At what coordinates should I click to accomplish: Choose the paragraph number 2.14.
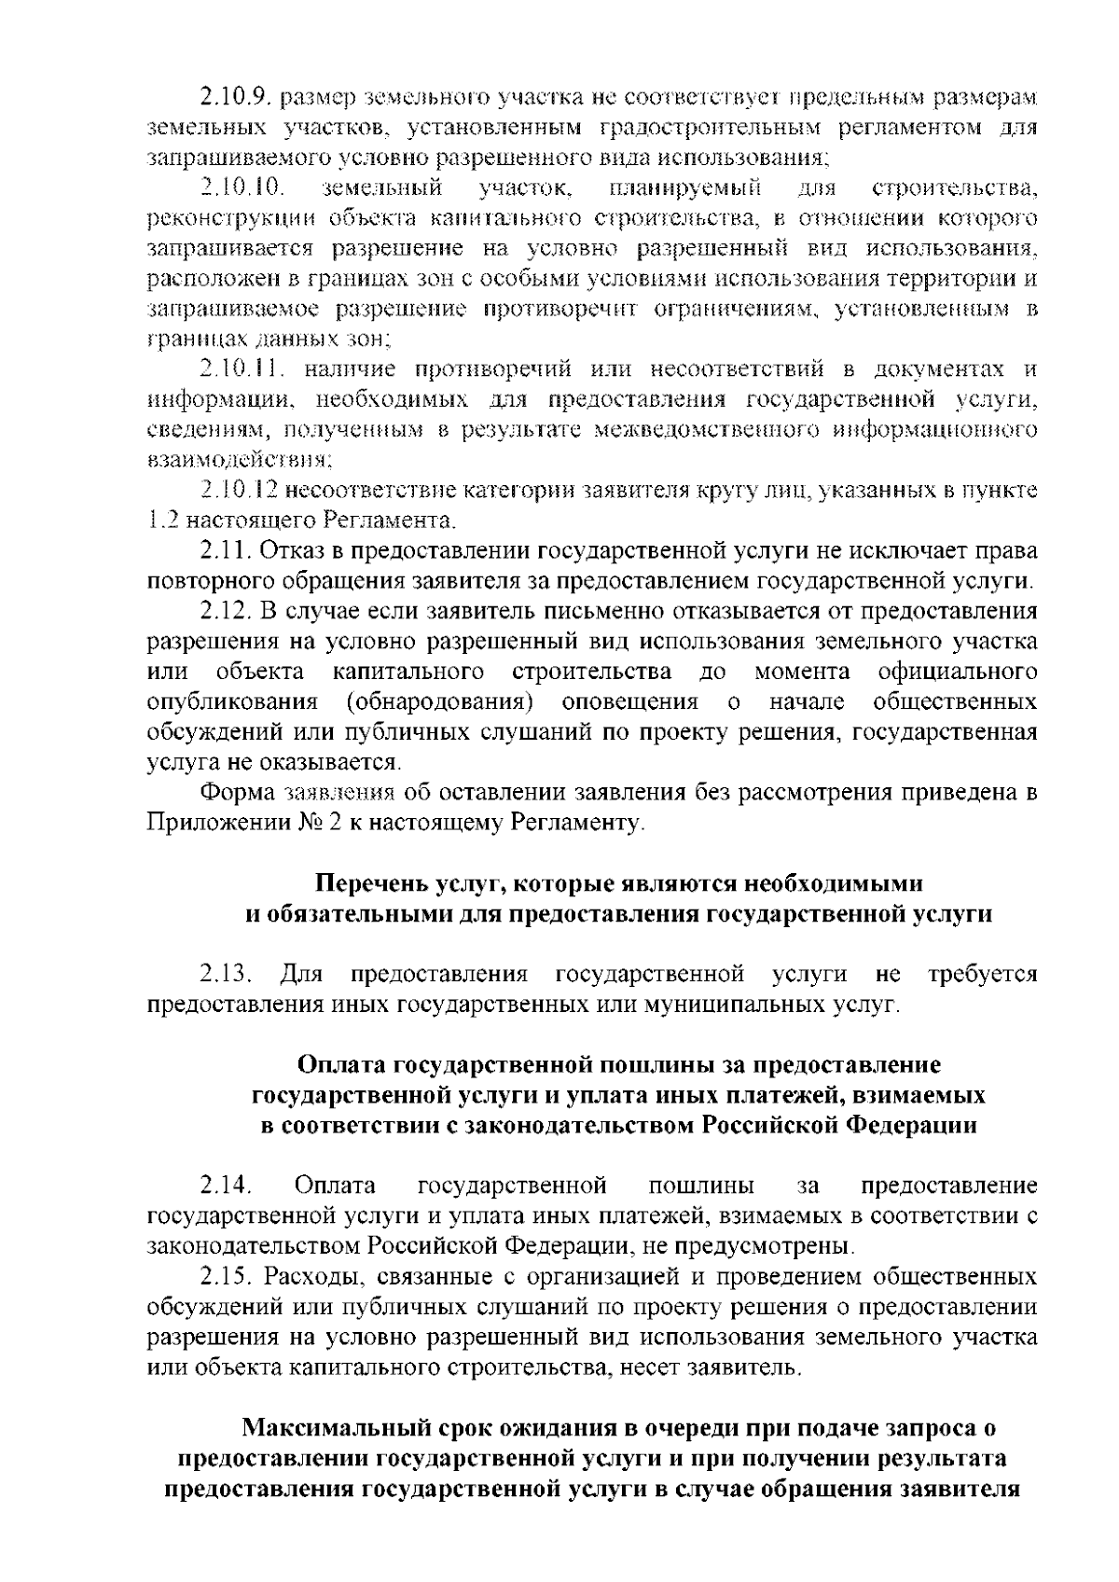point(226,1186)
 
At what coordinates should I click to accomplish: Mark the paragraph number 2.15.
point(226,1276)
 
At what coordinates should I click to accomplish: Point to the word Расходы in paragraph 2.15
point(308,1276)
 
